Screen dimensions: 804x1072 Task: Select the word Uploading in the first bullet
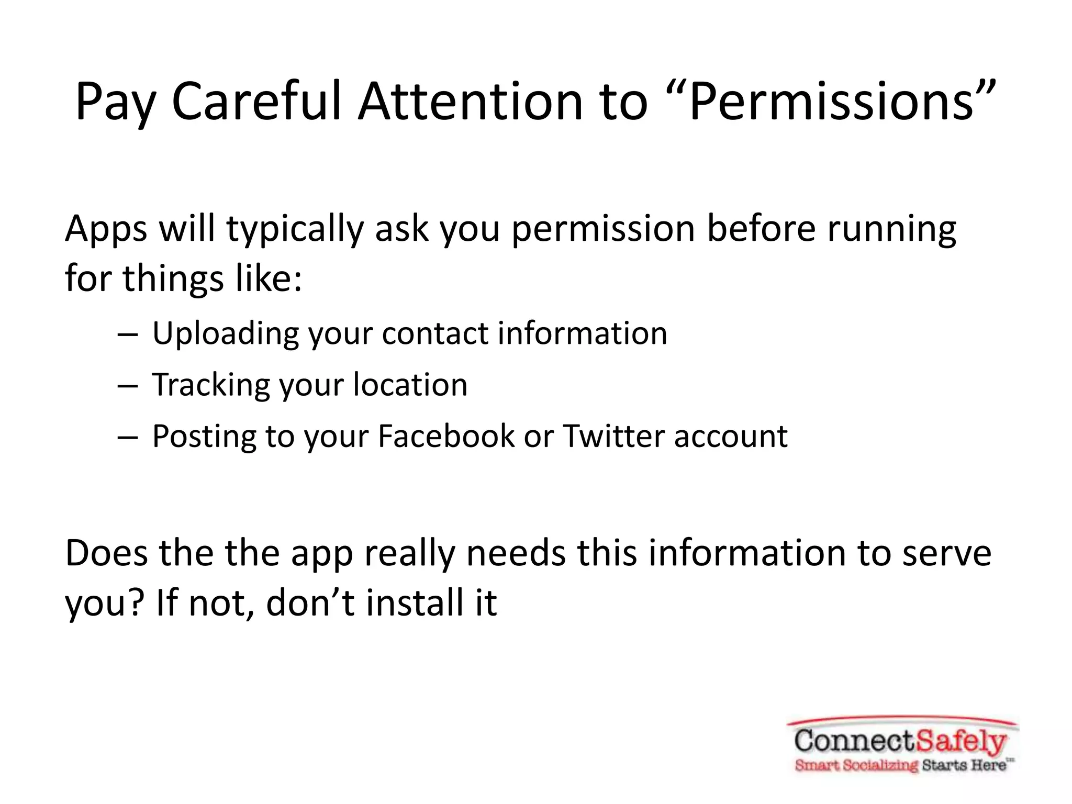pos(225,334)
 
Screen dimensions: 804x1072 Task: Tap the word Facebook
pos(446,436)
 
